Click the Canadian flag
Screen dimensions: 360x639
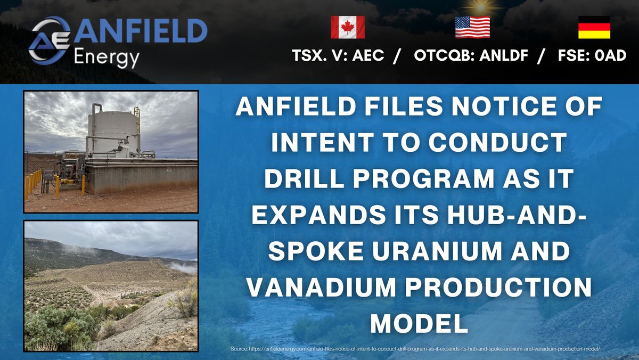(x=348, y=27)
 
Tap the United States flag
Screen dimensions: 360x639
(x=472, y=27)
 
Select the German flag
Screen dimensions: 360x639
(x=595, y=27)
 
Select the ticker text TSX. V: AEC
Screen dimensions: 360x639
(x=338, y=56)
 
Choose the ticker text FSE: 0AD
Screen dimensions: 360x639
(x=591, y=56)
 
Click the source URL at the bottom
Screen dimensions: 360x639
(x=415, y=349)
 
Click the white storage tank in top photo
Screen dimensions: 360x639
(x=113, y=130)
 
